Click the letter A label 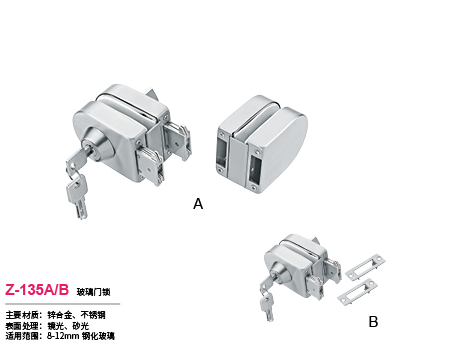click(x=198, y=203)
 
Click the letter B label click(x=373, y=322)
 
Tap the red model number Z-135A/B click(x=37, y=290)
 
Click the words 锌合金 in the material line click(x=62, y=315)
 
